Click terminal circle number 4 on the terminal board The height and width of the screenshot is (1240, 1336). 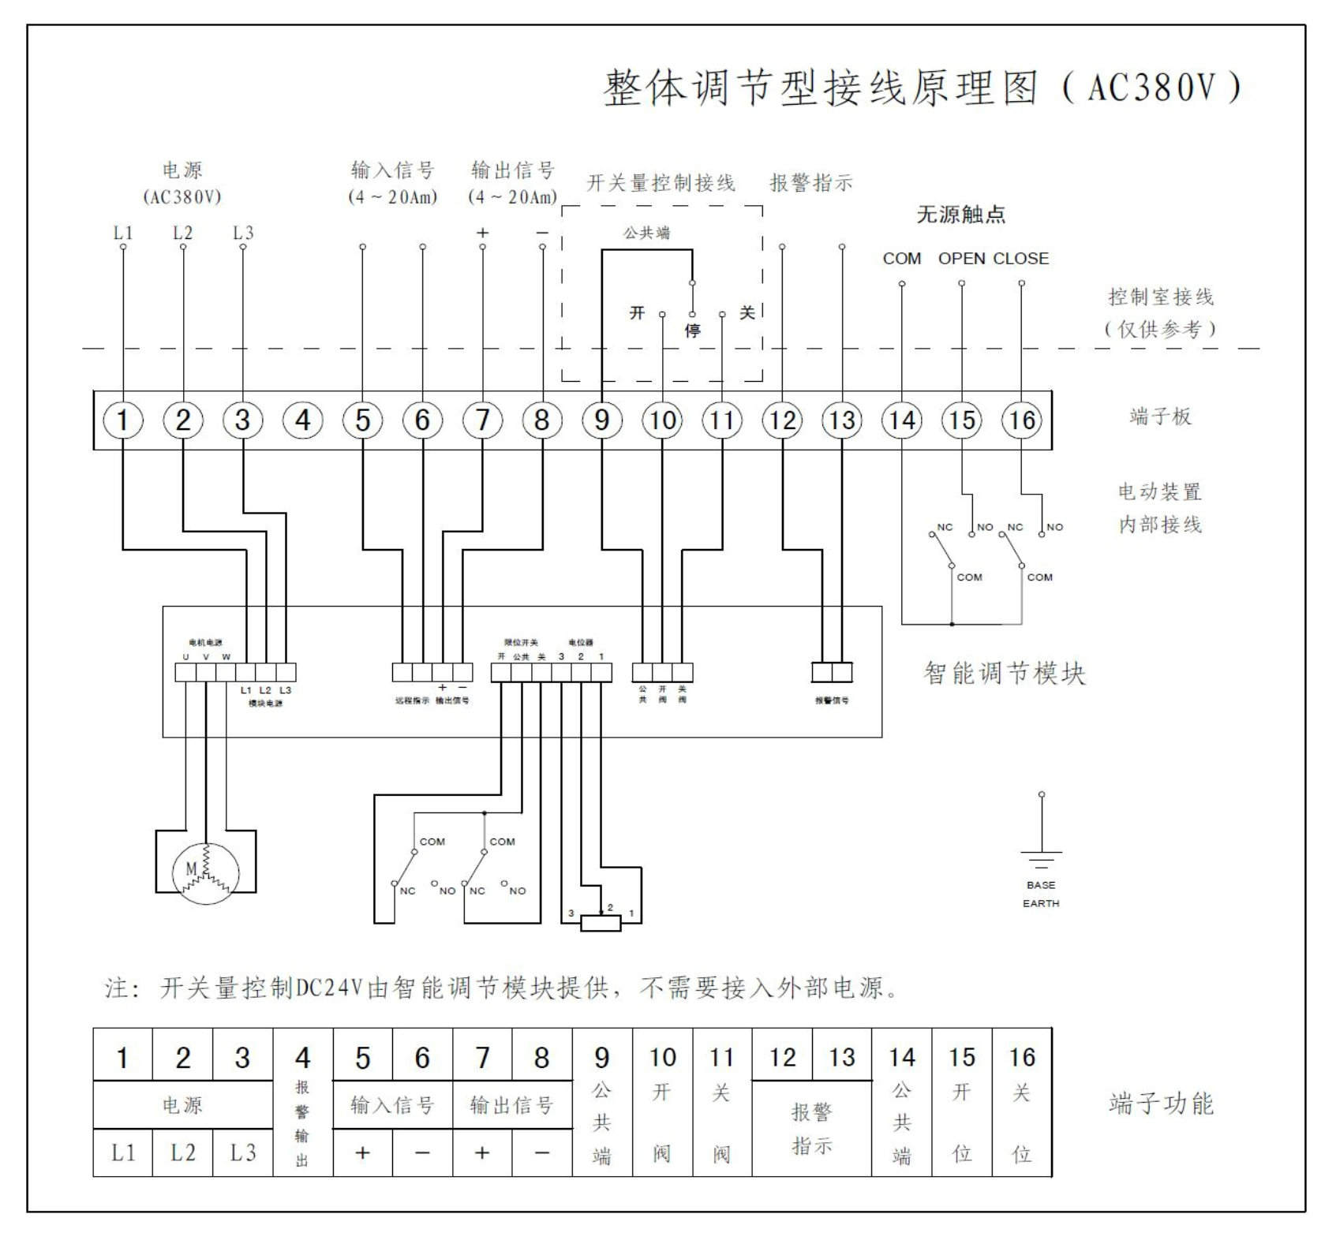coord(302,420)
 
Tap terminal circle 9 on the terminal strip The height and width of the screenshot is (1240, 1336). coord(601,420)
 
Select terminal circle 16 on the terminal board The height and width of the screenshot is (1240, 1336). coord(1021,420)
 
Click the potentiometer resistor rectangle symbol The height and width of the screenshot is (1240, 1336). coord(601,923)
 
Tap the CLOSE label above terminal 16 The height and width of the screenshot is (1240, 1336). coord(1020,259)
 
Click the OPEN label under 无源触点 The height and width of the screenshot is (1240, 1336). coord(961,259)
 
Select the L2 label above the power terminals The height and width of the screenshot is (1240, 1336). coord(182,233)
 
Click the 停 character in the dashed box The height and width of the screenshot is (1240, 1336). coord(692,331)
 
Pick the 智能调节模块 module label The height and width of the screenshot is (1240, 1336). coord(1004,674)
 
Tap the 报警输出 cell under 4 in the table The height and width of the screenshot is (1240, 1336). coord(302,1123)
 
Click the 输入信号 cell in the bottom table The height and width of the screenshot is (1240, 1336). coord(392,1105)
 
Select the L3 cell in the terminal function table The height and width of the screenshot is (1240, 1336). coord(242,1152)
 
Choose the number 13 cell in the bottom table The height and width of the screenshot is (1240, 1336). coord(841,1057)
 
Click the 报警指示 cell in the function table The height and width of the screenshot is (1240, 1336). coord(811,1129)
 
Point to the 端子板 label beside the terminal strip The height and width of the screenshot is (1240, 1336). coord(1159,416)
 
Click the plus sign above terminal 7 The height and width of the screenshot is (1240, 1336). coord(482,233)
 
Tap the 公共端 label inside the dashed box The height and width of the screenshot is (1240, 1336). coord(646,233)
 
